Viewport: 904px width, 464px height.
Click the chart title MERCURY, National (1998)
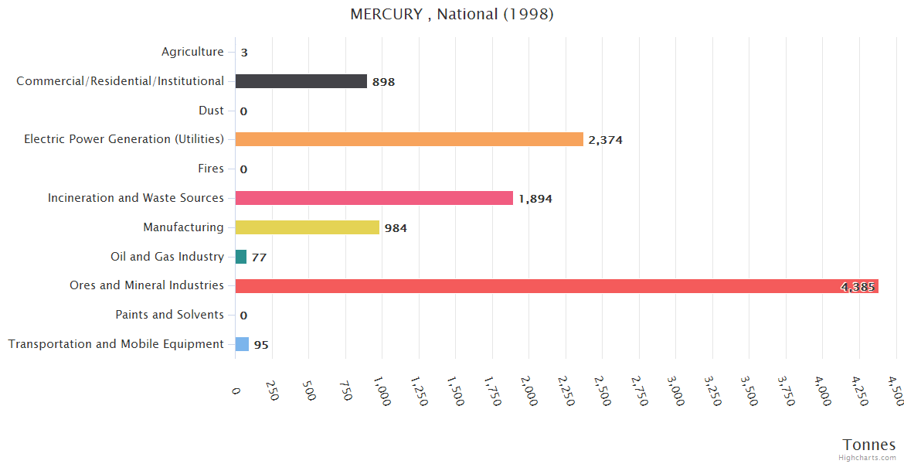[452, 14]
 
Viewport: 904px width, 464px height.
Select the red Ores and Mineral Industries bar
[556, 286]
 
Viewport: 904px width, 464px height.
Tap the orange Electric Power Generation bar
[410, 139]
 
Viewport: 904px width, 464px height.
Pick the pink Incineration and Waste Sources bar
[374, 198]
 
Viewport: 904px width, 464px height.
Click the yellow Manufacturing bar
[308, 227]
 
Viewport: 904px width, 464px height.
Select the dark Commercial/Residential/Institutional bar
[301, 81]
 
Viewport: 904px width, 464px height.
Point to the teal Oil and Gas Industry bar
[241, 257]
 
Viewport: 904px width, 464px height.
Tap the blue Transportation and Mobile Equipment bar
[243, 344]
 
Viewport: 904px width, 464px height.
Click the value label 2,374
[605, 140]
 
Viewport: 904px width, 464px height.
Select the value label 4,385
[857, 287]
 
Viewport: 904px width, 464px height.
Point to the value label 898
[383, 82]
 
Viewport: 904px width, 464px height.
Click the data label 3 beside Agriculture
[244, 53]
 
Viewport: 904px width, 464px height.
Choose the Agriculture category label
[192, 52]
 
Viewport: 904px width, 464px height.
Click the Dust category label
[211, 111]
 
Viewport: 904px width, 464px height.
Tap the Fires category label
[211, 169]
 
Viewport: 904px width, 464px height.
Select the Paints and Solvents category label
[170, 315]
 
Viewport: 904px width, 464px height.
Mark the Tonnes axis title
[869, 445]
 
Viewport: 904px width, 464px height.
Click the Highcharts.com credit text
[868, 458]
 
